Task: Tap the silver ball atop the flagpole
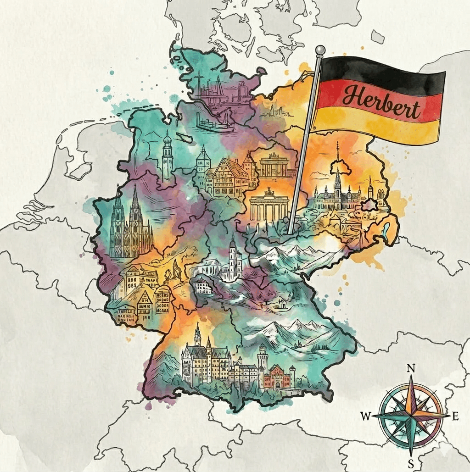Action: click(x=320, y=50)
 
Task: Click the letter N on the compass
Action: click(x=411, y=368)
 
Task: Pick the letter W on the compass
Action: click(x=366, y=416)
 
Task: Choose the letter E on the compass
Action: click(x=455, y=416)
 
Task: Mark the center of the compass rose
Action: click(x=411, y=416)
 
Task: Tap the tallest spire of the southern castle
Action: click(x=198, y=335)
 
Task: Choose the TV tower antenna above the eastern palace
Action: click(x=338, y=151)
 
